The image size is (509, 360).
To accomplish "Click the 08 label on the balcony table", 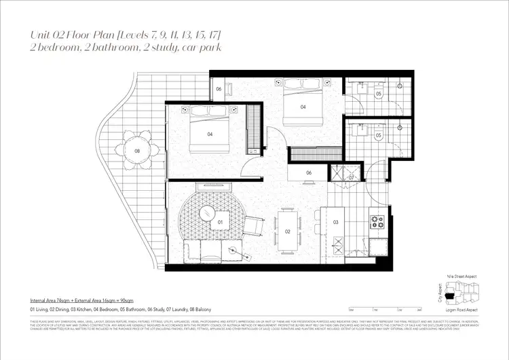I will click(x=138, y=151).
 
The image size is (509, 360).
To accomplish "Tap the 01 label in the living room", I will click(x=221, y=221).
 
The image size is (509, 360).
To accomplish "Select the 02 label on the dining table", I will click(x=288, y=232).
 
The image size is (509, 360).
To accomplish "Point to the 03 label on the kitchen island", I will click(x=335, y=222).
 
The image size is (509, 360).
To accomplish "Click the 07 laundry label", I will click(x=351, y=178).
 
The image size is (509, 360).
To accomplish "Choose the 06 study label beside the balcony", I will click(x=219, y=89).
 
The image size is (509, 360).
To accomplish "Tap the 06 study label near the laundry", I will click(x=309, y=173).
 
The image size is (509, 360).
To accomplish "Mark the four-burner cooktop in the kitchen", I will click(x=377, y=221).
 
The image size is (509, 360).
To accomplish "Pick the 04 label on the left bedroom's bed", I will click(x=210, y=134).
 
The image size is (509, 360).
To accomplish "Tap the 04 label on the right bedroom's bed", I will click(x=303, y=107).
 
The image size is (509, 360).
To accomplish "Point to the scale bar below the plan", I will click(x=383, y=309).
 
